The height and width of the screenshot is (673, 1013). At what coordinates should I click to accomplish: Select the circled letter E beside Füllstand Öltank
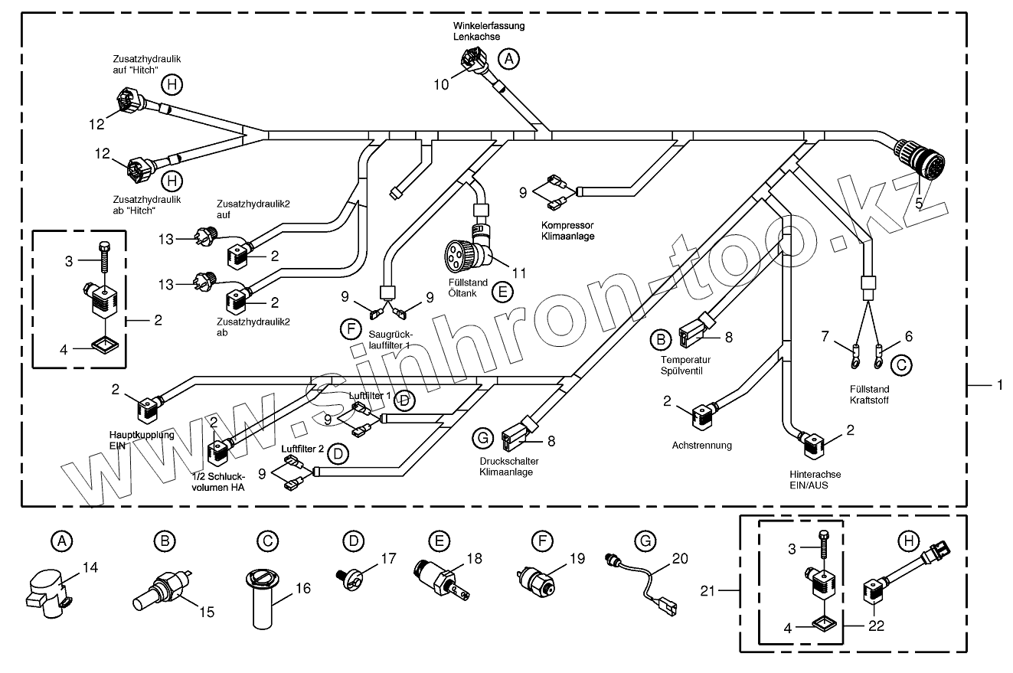[502, 291]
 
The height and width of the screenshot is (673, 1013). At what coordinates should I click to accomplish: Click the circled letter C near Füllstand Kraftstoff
[902, 365]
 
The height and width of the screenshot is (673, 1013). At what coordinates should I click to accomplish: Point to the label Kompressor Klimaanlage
[567, 230]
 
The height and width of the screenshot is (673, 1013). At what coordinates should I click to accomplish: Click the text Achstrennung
[701, 445]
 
